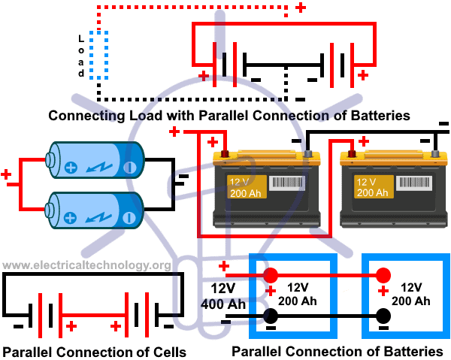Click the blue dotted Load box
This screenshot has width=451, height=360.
[100, 56]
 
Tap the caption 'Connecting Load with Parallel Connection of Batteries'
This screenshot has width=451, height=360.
[229, 116]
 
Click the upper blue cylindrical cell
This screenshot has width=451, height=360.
[93, 161]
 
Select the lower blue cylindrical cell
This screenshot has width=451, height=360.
[93, 209]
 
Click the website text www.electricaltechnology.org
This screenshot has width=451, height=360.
[86, 265]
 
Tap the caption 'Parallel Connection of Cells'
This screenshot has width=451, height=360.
[94, 352]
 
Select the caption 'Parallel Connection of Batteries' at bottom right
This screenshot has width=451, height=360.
[337, 351]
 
